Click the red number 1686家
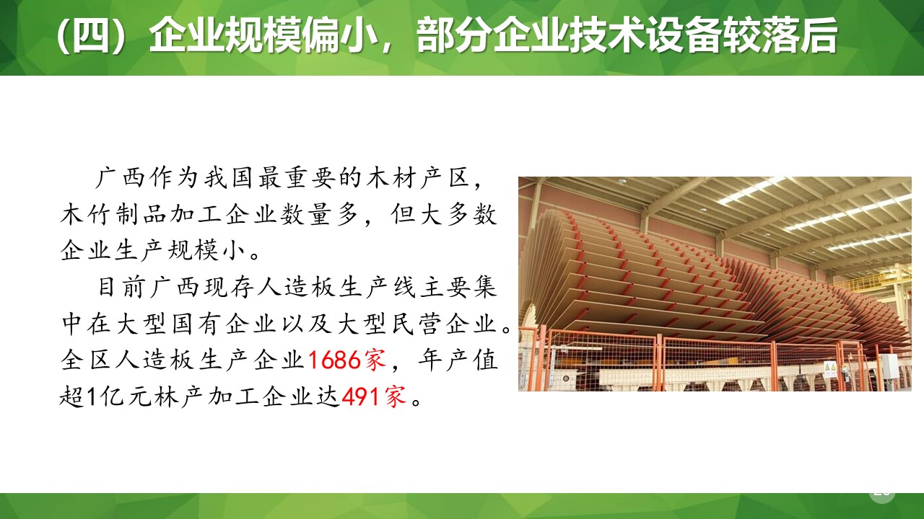coord(348,359)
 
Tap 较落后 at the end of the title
coord(793,37)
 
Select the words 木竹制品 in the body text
coord(115,215)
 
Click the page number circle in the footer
coord(881,491)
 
